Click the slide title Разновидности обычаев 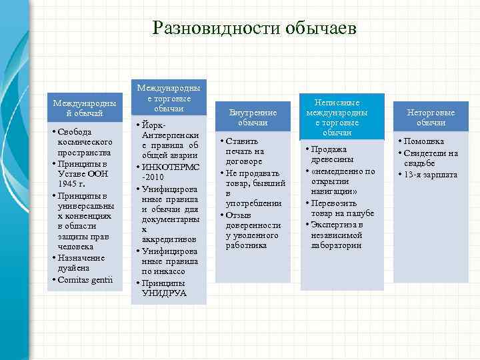[x=255, y=28]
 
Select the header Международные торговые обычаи [x=169, y=98]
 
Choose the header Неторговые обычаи [x=431, y=118]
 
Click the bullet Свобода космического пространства [x=85, y=142]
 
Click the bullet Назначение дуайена [x=83, y=262]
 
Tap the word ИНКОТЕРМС [x=171, y=166]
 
